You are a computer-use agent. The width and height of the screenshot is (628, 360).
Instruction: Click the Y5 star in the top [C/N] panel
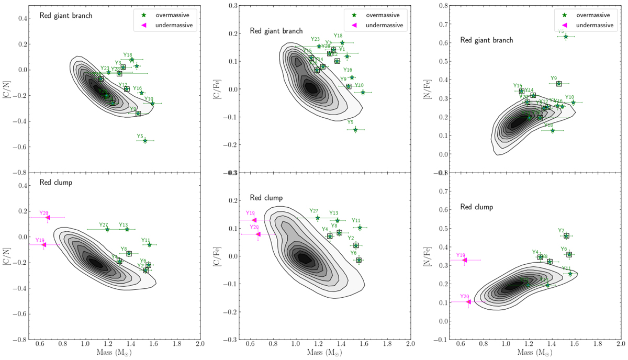tap(145, 140)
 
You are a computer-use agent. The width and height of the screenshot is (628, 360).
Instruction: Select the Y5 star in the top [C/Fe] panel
tap(355, 129)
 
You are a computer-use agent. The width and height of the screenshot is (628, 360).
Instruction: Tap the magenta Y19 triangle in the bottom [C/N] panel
tap(44, 244)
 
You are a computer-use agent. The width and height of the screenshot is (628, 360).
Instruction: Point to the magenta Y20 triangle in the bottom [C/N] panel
tap(48, 217)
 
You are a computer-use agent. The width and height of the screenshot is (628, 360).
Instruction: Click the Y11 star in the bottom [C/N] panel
tap(149, 244)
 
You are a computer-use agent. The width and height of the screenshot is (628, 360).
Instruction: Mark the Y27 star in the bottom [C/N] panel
tap(107, 229)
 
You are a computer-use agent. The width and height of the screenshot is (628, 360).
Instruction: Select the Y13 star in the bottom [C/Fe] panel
tap(337, 220)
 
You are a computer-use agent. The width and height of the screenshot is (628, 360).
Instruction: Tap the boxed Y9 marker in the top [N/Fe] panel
tap(559, 84)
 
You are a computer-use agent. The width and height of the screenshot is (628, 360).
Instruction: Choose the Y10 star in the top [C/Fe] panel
tap(363, 92)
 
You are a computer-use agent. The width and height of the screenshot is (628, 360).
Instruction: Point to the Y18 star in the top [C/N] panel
tap(132, 60)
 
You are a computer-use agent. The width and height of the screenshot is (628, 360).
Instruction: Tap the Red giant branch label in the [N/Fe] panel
tap(487, 40)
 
